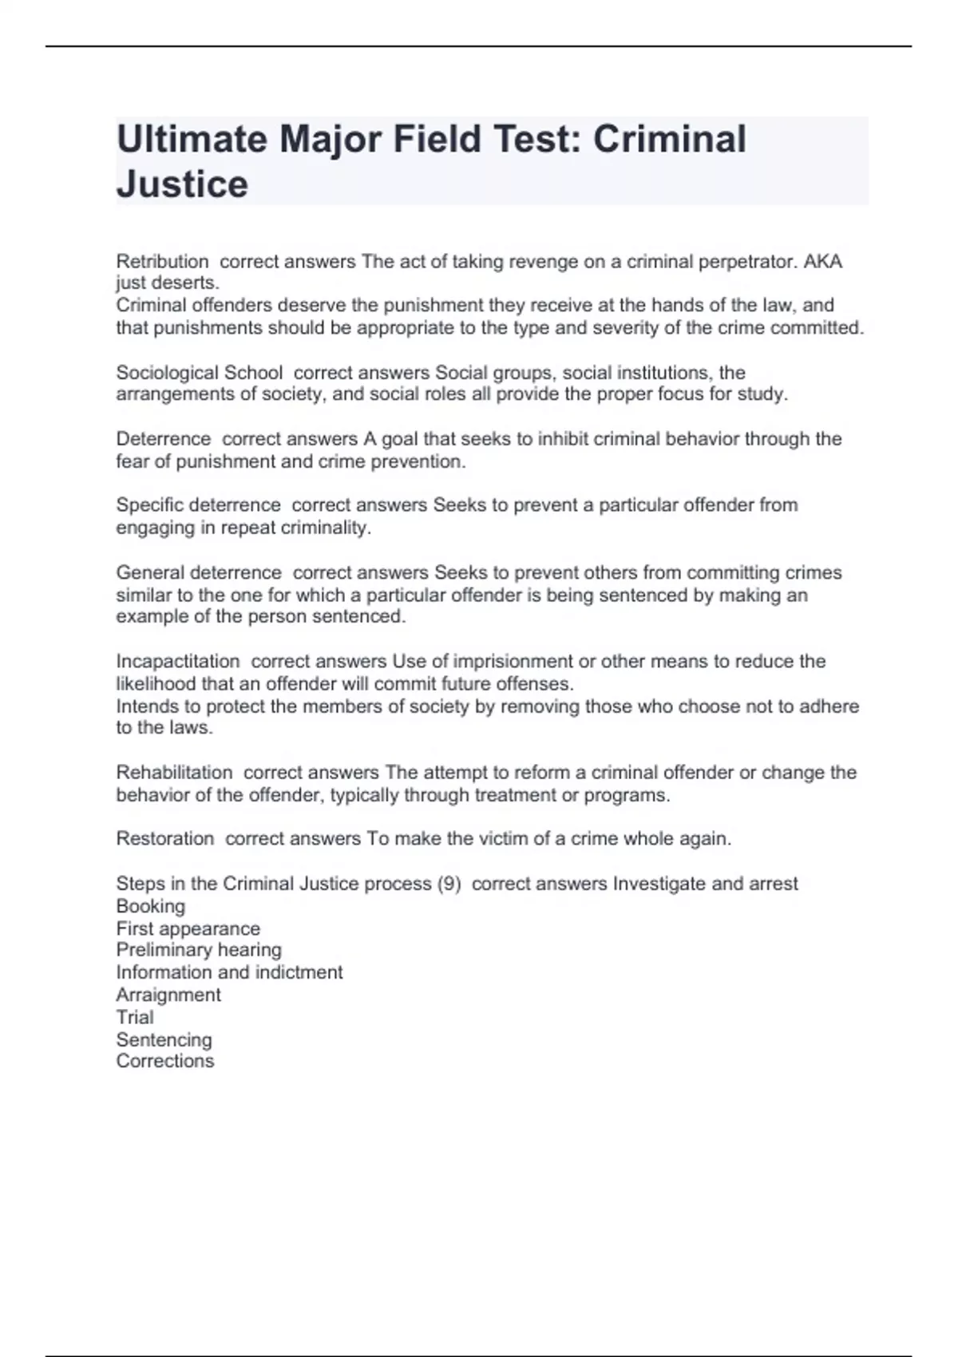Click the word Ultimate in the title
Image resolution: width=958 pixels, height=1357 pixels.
(192, 139)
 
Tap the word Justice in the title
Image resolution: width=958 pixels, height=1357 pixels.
(182, 184)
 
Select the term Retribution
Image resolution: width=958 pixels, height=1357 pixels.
(162, 262)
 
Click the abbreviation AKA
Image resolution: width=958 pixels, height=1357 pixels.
(822, 262)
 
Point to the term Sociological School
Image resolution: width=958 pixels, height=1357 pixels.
(199, 373)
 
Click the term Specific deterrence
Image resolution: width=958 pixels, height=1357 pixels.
(198, 505)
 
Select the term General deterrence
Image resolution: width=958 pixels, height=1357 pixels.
(199, 573)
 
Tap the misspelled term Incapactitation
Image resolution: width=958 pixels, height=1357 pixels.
(178, 662)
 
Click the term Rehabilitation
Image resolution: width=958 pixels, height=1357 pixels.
(174, 773)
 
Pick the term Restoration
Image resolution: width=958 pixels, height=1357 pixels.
(165, 839)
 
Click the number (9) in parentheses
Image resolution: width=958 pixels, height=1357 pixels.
(449, 884)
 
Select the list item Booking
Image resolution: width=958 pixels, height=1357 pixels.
(151, 907)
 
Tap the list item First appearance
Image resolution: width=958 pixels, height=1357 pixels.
(188, 929)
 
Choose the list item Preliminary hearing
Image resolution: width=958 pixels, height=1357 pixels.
(199, 950)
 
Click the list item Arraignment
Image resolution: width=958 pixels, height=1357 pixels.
(168, 995)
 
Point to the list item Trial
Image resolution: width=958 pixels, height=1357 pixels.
(135, 1018)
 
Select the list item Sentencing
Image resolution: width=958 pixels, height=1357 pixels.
(164, 1040)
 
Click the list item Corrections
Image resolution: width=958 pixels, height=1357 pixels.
(165, 1062)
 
